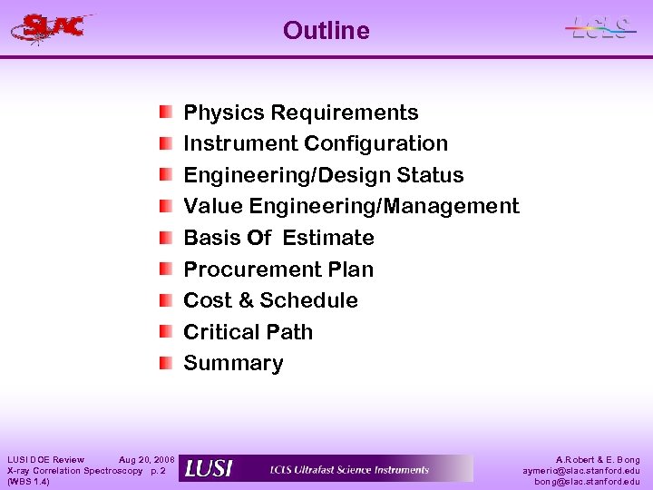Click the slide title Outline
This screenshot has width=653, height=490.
coord(326,31)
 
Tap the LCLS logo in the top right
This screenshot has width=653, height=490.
coord(599,28)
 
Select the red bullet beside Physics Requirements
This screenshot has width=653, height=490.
coord(165,113)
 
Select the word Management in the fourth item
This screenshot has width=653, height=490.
coord(451,206)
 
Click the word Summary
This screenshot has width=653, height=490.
coord(233,363)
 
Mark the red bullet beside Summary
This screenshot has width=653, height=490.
coord(165,363)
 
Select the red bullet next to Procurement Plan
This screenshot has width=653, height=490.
coord(165,269)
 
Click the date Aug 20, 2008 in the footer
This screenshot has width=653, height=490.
coord(147,460)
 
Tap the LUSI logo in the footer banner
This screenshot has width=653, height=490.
coord(209,469)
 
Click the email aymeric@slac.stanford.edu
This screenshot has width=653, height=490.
coord(580,471)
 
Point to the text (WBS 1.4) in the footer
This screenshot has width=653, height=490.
coord(28,482)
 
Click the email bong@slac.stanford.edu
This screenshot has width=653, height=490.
coord(588,482)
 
